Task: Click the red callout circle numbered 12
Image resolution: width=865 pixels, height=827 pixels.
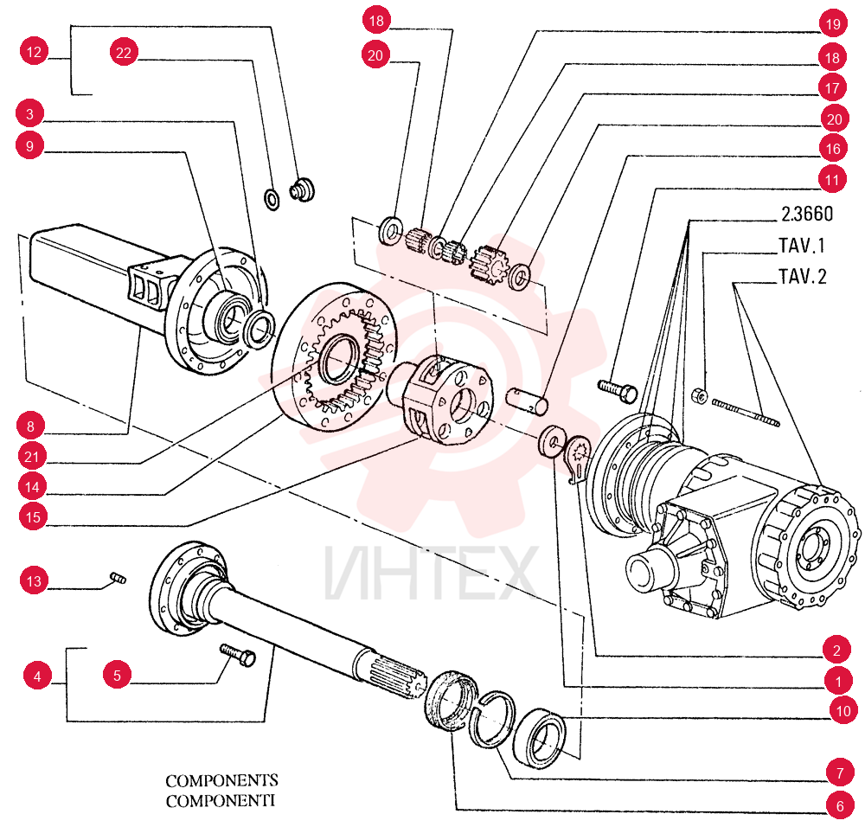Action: point(35,52)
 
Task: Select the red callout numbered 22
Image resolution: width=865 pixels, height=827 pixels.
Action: point(124,53)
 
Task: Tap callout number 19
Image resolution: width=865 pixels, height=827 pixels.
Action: point(833,23)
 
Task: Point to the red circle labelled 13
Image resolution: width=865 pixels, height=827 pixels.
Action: point(34,581)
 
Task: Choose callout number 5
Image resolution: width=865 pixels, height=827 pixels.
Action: point(117,676)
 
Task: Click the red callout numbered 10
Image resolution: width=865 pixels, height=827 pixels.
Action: point(843,711)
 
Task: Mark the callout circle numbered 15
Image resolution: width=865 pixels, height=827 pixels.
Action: point(33,517)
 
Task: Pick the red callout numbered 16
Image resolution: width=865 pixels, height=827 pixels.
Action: point(833,149)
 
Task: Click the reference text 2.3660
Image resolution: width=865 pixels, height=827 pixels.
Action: point(807,214)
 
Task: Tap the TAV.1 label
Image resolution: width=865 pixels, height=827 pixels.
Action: point(802,246)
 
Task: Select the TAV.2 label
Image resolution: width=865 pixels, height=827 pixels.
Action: point(802,277)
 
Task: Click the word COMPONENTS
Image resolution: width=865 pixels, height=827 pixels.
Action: point(221,780)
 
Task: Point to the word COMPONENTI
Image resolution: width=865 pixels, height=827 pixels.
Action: point(220,800)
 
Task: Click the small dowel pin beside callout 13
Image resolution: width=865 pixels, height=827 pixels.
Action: point(118,578)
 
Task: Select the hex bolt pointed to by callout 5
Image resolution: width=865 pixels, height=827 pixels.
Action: point(238,655)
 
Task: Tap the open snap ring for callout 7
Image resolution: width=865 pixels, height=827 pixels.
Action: point(492,718)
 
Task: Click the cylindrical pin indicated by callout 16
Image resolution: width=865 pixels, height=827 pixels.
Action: point(528,401)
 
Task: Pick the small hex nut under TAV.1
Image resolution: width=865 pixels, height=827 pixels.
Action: point(700,395)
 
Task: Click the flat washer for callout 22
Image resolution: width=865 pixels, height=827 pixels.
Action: point(272,199)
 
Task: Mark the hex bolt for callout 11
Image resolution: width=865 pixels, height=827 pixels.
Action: point(618,390)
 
